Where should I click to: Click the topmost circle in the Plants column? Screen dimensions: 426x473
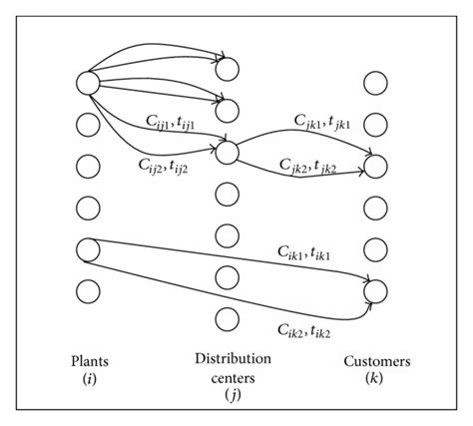(87, 83)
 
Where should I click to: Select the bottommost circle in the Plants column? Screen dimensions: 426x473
(87, 290)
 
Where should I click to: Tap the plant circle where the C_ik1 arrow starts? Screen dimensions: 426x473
(87, 248)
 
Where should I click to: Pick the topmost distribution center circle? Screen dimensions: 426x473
(227, 68)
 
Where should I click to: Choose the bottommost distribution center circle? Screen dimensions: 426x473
(227, 319)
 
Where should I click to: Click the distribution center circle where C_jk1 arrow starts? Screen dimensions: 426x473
(227, 152)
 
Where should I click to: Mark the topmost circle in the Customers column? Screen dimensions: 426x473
(374, 82)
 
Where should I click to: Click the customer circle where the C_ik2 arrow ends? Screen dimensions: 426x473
(374, 290)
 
